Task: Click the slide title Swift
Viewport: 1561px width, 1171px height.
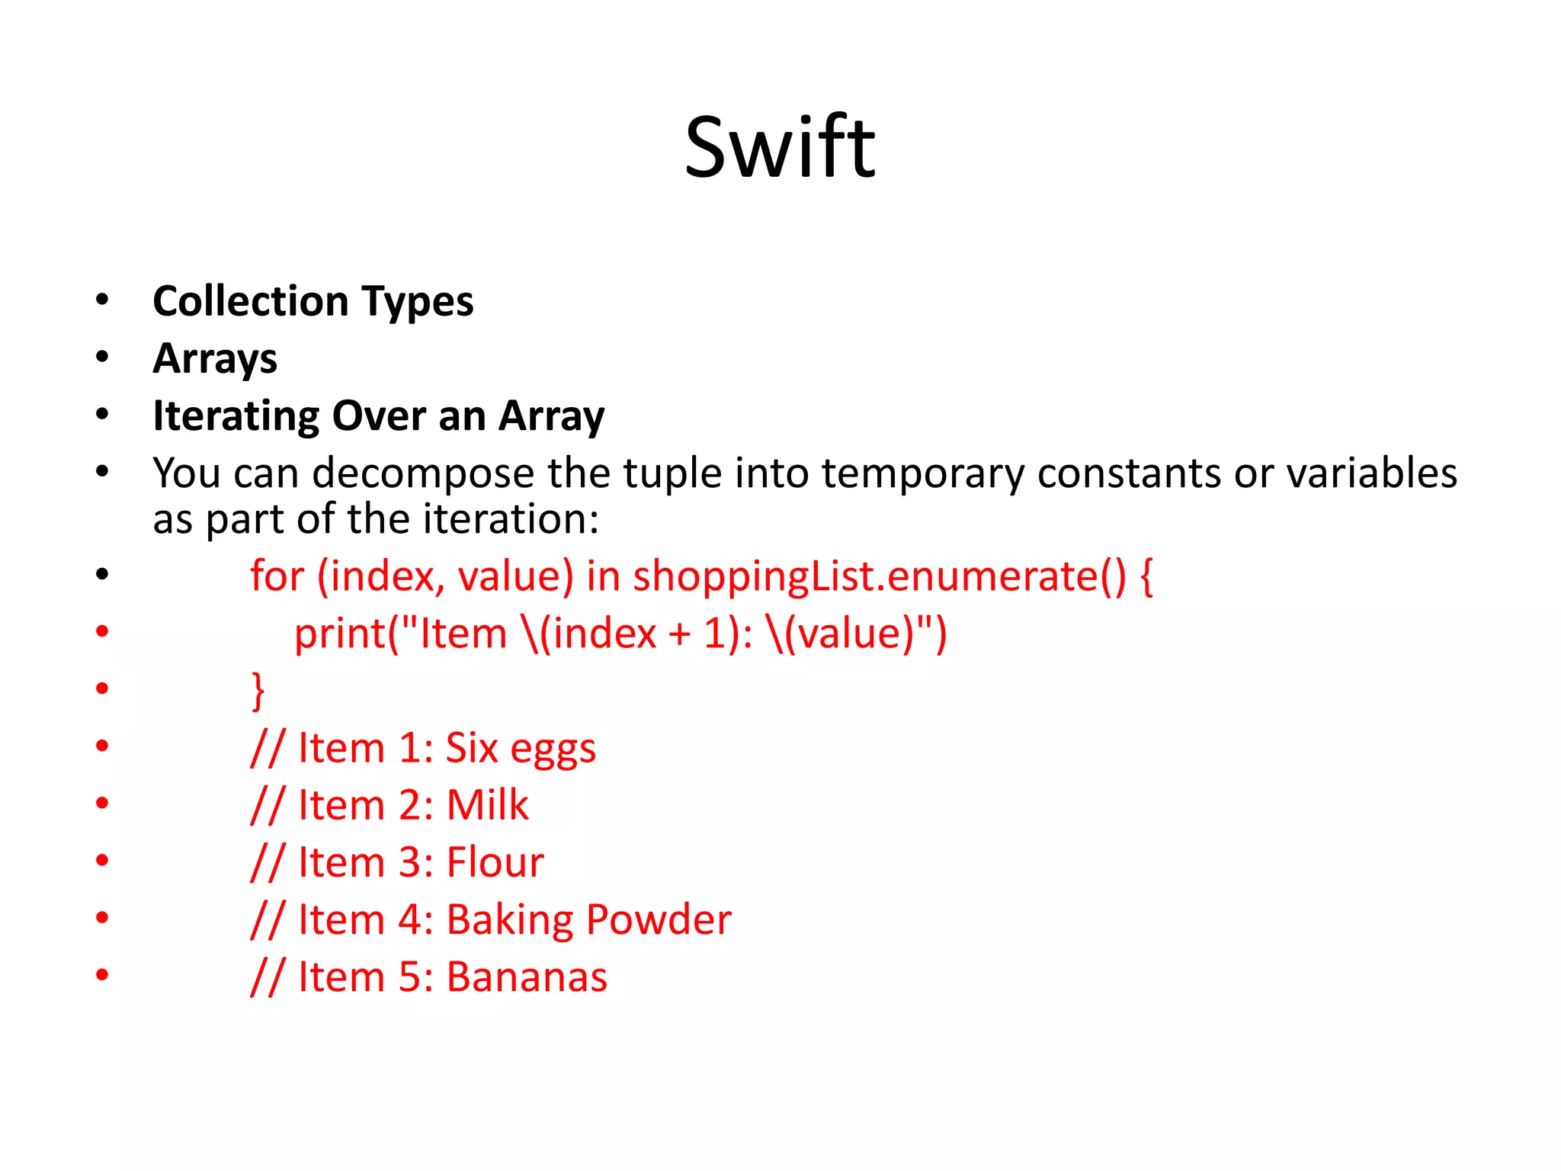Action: coord(780,147)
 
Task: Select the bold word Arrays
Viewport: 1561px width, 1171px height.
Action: coord(215,358)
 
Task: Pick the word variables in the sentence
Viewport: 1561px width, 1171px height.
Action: coord(1372,473)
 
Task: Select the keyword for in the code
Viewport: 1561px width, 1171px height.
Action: coord(277,576)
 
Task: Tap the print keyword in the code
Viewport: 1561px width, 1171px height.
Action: coord(341,634)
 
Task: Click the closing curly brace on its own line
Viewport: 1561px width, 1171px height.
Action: coord(258,691)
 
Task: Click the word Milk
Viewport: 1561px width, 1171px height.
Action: coord(487,805)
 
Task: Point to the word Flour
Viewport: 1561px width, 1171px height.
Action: coord(495,862)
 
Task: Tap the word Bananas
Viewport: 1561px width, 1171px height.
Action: coord(527,977)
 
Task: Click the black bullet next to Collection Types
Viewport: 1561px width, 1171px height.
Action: coord(102,300)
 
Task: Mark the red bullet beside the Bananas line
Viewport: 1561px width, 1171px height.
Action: coord(102,975)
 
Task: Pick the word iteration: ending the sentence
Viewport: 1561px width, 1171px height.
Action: coord(511,519)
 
